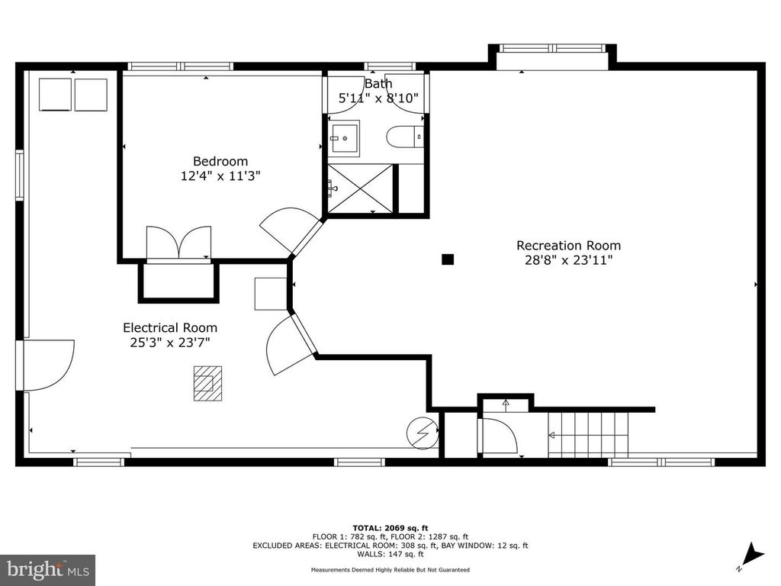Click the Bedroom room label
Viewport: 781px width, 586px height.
point(220,162)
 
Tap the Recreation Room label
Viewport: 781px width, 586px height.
point(568,246)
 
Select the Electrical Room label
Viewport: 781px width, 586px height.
point(170,328)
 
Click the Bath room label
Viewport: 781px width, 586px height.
point(378,83)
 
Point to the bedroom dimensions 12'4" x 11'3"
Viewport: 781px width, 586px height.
point(220,176)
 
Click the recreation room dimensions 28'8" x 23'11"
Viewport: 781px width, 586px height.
point(568,260)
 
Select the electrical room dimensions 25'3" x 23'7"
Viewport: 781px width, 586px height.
point(170,343)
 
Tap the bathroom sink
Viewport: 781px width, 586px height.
point(344,139)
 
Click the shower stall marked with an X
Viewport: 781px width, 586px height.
point(361,188)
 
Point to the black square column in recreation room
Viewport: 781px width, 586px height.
point(448,259)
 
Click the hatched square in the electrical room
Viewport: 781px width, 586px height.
point(207,383)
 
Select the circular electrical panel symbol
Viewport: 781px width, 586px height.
point(423,433)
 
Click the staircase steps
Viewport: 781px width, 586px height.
point(588,434)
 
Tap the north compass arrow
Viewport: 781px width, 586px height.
point(753,555)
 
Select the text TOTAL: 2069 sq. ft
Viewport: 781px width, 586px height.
point(390,528)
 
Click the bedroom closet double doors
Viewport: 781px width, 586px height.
point(178,243)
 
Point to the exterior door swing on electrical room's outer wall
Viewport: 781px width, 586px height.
point(48,365)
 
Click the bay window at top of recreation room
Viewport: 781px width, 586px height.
point(552,56)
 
